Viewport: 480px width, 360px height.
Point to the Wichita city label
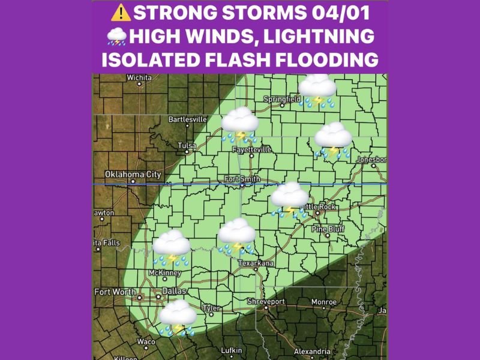pyautogui.click(x=139, y=77)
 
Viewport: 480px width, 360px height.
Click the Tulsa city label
pyautogui.click(x=187, y=145)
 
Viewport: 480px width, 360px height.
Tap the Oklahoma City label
pyautogui.click(x=133, y=175)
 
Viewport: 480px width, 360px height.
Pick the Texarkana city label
pyautogui.click(x=256, y=263)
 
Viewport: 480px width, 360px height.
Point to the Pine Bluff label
pyautogui.click(x=327, y=229)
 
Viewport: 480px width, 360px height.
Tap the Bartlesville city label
pyautogui.click(x=187, y=119)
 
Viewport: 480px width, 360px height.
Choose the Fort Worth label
pyautogui.click(x=115, y=292)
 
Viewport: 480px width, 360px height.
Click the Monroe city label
pyautogui.click(x=323, y=302)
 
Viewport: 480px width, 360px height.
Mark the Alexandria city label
pyautogui.click(x=312, y=352)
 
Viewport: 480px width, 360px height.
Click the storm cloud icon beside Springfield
pyautogui.click(x=318, y=91)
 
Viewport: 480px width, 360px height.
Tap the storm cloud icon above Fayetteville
pyautogui.click(x=240, y=124)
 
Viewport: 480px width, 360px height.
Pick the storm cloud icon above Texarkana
pyautogui.click(x=237, y=236)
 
